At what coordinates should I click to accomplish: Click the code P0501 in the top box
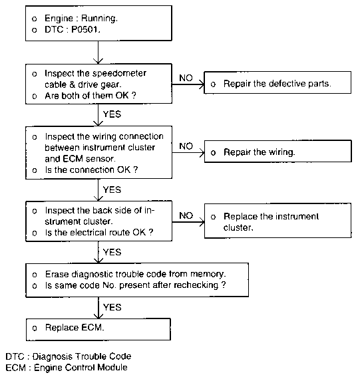85,30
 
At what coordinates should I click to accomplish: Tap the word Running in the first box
99,18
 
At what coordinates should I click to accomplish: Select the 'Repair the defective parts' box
277,82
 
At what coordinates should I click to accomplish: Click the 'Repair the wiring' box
278,152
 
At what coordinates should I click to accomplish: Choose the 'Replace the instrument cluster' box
278,221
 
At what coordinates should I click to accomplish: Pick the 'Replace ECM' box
98,329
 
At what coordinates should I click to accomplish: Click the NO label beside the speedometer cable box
186,78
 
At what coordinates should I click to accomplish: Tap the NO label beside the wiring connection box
186,146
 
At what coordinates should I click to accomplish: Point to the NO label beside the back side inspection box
186,215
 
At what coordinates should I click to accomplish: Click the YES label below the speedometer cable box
112,114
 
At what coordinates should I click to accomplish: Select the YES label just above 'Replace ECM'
112,307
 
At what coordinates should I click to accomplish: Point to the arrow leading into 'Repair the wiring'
188,152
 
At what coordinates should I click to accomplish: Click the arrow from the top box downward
98,52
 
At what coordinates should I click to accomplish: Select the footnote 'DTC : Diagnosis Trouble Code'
69,356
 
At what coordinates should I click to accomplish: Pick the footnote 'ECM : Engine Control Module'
67,368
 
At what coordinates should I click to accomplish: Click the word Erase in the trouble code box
57,274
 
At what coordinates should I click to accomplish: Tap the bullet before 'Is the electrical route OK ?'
35,233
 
